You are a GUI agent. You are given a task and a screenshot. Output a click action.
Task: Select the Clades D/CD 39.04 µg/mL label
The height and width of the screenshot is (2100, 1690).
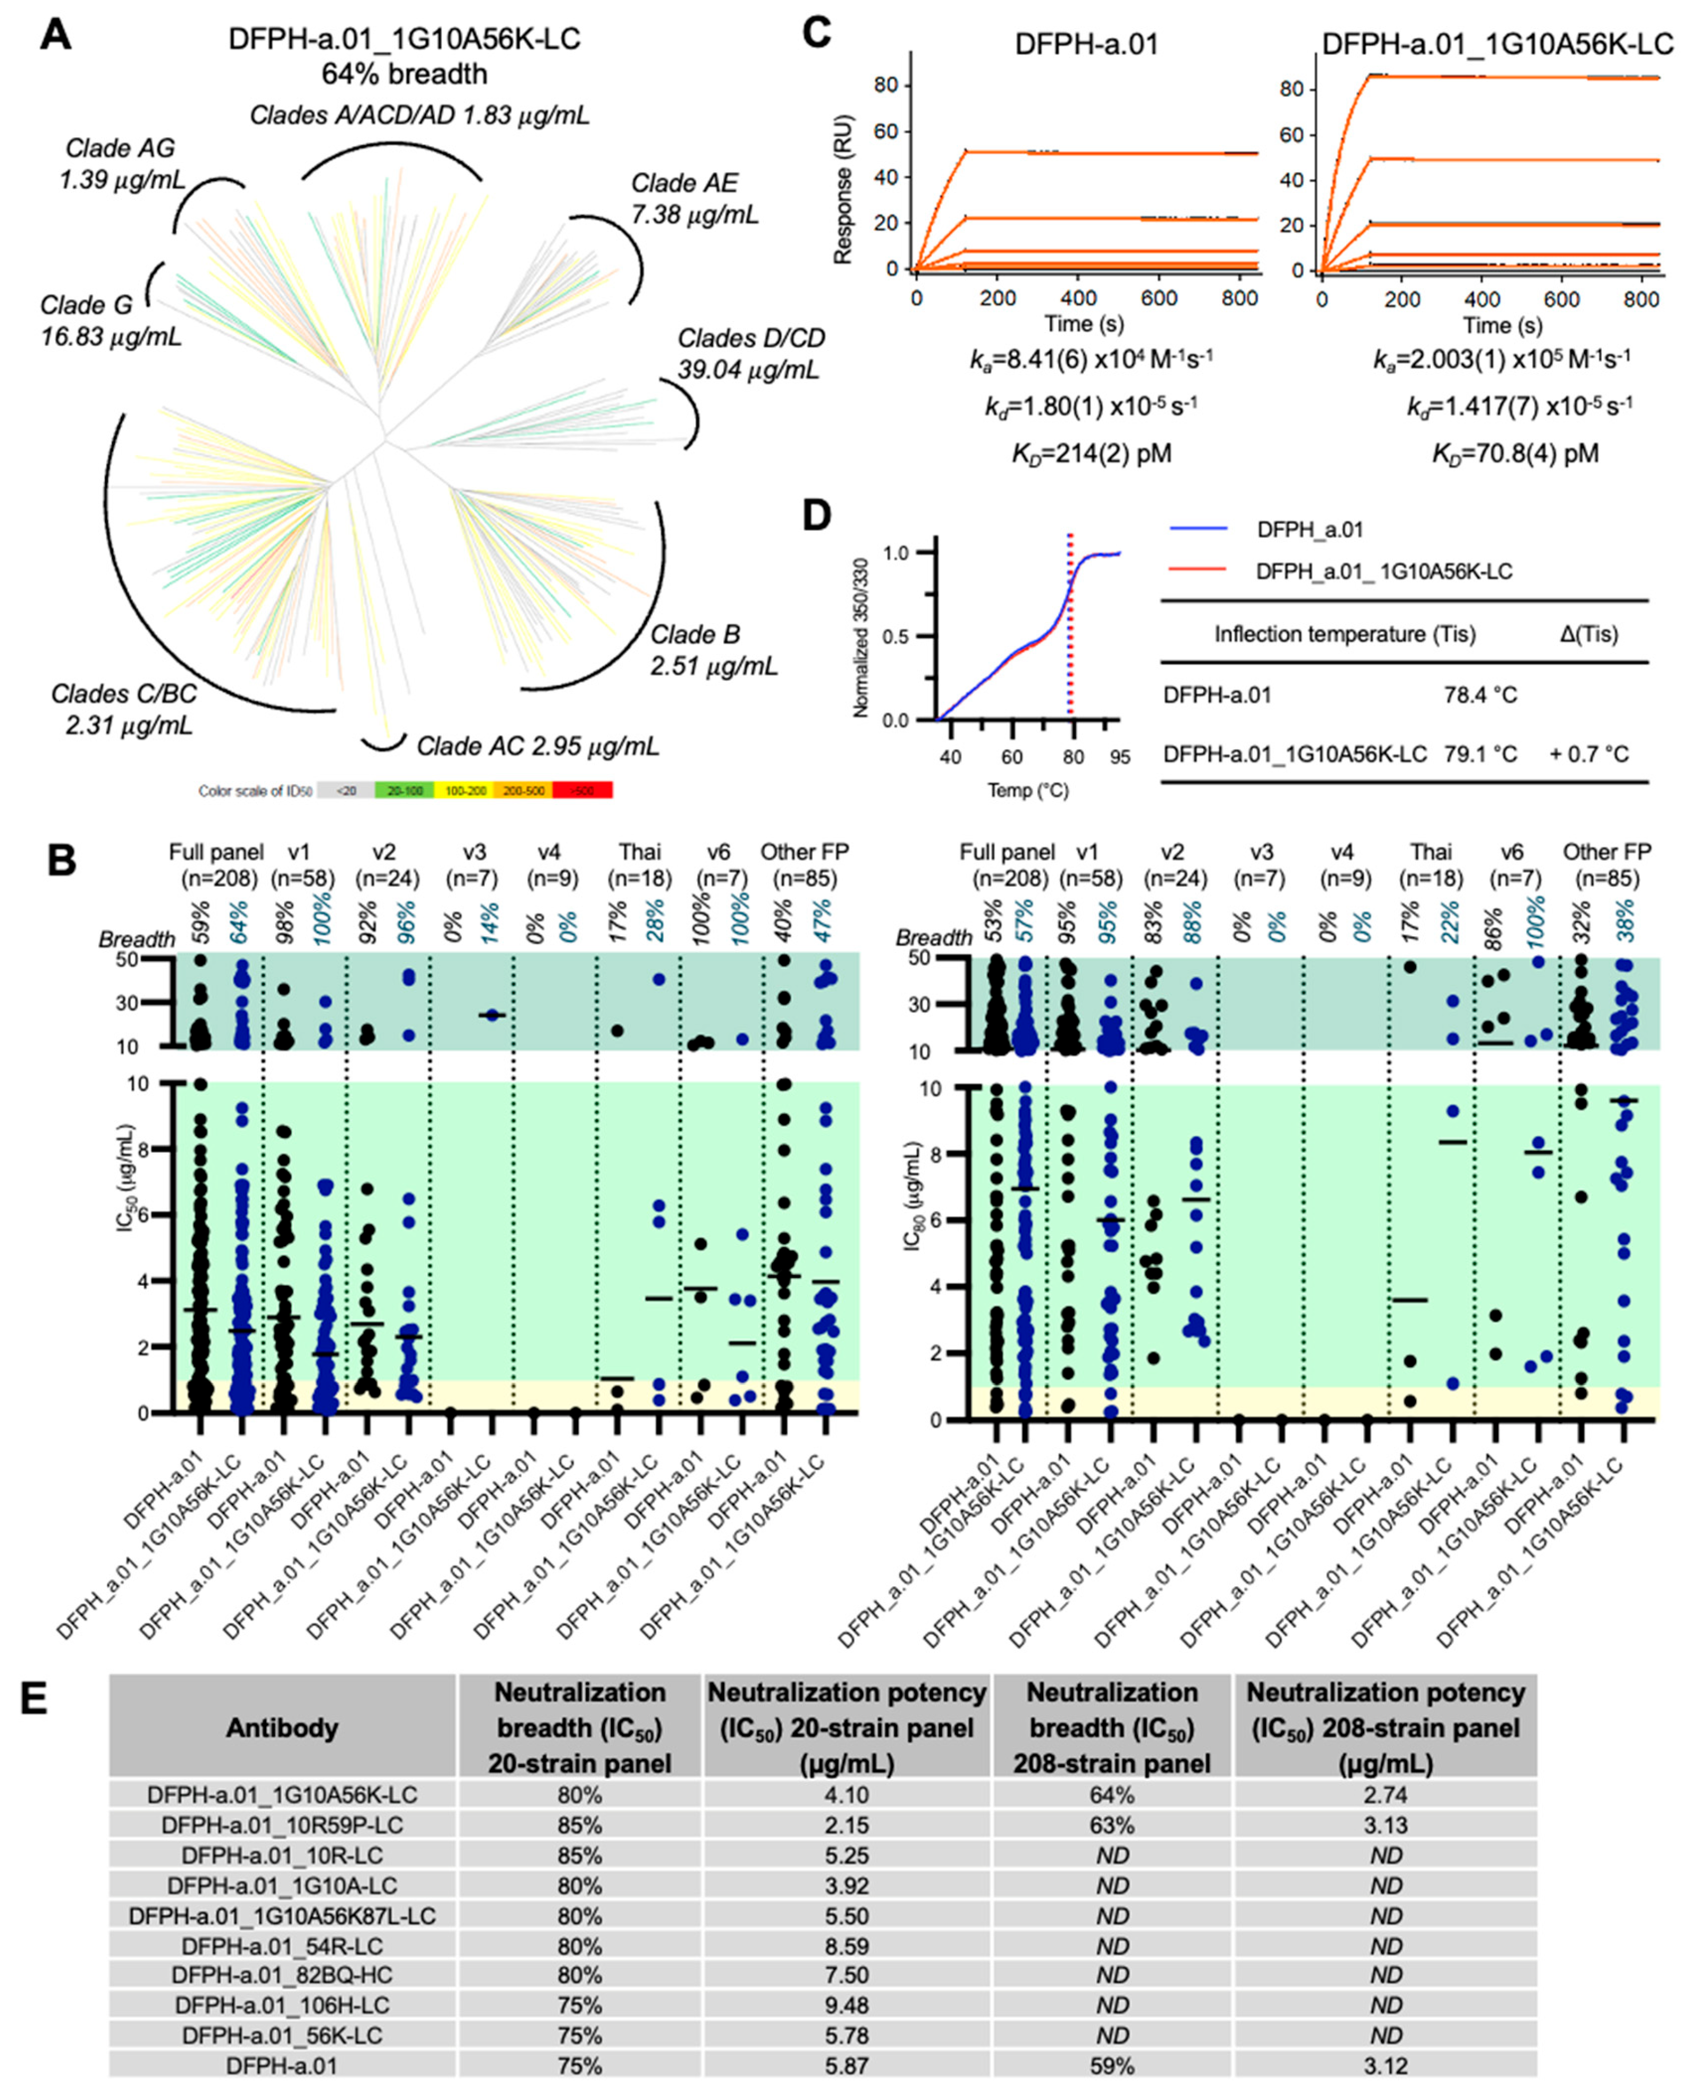(x=750, y=354)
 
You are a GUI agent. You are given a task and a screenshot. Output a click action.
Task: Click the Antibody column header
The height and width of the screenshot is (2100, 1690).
(x=281, y=1728)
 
